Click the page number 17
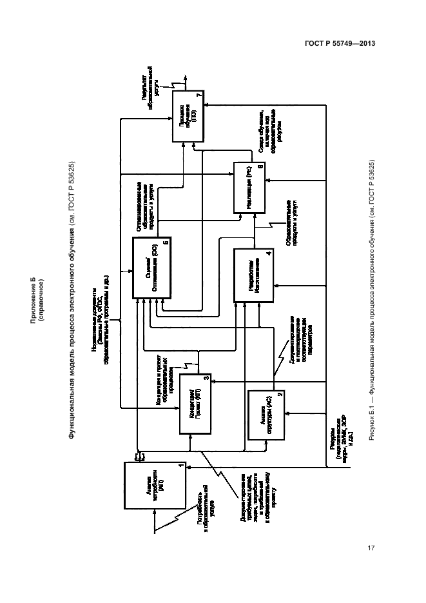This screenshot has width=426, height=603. tap(370, 548)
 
